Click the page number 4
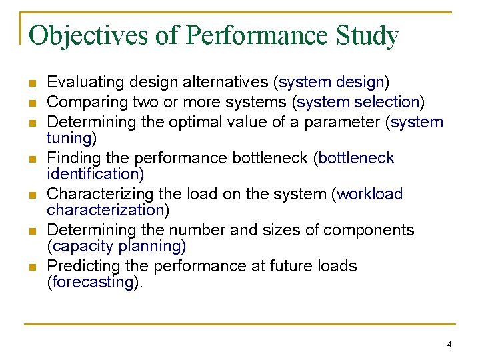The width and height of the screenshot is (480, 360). (449, 345)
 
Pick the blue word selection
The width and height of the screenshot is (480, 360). (386, 102)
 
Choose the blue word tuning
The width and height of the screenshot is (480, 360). (69, 138)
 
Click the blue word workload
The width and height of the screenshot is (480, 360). (371, 194)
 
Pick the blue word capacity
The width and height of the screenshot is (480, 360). (81, 247)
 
